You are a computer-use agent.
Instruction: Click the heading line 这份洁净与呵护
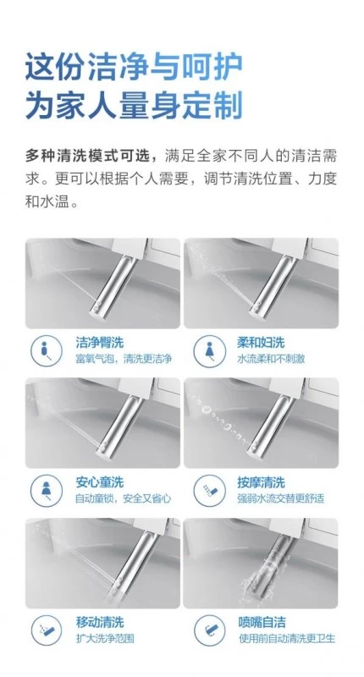tap(134, 68)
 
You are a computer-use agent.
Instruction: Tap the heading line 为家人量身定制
tap(134, 105)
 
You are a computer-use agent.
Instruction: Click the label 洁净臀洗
tap(99, 343)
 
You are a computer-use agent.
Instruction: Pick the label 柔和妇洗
tap(261, 343)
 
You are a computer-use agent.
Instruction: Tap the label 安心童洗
tap(99, 482)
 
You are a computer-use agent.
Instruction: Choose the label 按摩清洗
tap(261, 482)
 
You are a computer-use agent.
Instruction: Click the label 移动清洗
tap(99, 622)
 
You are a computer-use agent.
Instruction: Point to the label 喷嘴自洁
tap(262, 622)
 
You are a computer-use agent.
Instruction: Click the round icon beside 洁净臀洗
tap(47, 350)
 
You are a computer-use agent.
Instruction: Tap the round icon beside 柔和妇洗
tap(209, 350)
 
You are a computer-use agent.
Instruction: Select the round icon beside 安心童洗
tap(47, 490)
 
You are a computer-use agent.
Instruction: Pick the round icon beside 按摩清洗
tap(209, 490)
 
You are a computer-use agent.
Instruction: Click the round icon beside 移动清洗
tap(47, 630)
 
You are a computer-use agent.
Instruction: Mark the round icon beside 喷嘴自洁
tap(209, 630)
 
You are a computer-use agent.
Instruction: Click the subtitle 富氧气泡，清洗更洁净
tap(124, 359)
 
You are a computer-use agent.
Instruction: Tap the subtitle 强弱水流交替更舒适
tap(280, 498)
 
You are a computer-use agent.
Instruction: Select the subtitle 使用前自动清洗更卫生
tap(287, 639)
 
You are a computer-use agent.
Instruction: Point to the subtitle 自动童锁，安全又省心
tap(124, 498)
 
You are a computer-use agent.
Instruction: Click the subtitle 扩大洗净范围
tap(105, 639)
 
